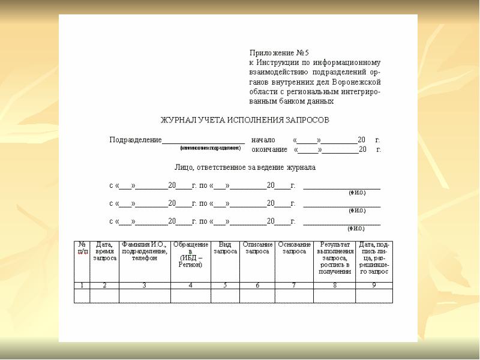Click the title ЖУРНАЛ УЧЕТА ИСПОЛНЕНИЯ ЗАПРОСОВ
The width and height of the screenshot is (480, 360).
244,121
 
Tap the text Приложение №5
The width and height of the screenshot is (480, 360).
278,53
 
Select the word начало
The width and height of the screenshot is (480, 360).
263,140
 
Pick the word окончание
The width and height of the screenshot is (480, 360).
269,149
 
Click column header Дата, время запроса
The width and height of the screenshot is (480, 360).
104,251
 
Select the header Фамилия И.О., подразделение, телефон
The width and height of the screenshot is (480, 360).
144,251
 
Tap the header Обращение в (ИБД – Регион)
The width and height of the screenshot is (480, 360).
190,254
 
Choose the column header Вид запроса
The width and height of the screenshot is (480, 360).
225,248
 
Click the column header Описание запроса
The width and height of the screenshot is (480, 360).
257,248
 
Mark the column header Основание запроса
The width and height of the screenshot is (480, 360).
294,248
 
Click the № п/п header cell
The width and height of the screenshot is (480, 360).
82,248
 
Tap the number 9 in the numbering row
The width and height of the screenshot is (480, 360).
374,285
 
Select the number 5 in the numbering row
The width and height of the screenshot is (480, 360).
225,285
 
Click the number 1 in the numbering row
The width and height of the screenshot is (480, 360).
82,285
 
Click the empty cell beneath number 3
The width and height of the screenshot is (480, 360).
144,296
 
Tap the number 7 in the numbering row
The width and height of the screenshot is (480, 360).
294,285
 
